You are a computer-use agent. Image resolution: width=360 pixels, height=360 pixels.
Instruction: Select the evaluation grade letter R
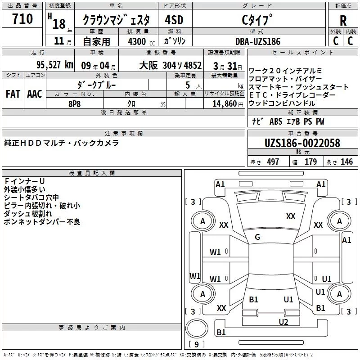coord(343,21)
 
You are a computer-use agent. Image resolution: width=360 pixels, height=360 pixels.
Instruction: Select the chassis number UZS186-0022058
coord(302,143)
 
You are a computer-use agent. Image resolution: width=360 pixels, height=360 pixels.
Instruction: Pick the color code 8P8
coord(75,103)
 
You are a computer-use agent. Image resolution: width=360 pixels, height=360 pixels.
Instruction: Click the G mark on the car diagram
coord(257,237)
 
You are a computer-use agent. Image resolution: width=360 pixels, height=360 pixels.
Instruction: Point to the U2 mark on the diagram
coord(283,322)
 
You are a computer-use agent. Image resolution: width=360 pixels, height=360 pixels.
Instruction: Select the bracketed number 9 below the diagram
coord(196,344)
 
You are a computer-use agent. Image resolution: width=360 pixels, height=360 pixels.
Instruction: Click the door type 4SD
coord(174,20)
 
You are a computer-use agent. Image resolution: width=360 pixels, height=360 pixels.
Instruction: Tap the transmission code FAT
coord(13,94)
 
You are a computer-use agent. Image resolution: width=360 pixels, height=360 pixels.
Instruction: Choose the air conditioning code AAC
coord(34,94)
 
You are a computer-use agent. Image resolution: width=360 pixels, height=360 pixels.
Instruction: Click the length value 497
coord(273,162)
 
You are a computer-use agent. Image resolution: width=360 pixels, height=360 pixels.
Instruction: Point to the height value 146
coord(346,162)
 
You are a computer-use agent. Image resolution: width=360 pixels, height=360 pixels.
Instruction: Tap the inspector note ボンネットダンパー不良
coord(42,221)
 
